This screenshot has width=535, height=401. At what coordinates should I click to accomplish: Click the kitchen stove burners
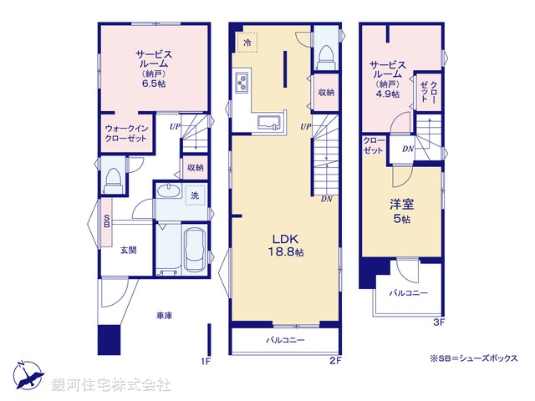point(244,84)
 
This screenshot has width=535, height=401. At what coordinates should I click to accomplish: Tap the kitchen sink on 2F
point(268,123)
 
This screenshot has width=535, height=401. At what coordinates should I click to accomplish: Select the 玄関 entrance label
point(128,249)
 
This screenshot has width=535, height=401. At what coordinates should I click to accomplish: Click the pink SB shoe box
point(106,222)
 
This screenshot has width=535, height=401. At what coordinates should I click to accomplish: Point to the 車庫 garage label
point(164,316)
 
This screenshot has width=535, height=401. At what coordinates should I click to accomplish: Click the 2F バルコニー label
point(285,341)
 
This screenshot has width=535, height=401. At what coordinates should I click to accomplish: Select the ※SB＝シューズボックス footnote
point(473,358)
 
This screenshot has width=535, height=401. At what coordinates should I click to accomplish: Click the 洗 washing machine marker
point(194,195)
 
